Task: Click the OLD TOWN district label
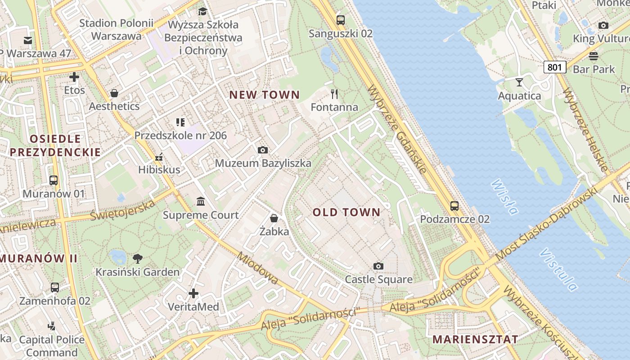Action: point(346,212)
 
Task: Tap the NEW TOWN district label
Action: point(265,95)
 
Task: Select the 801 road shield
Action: point(554,67)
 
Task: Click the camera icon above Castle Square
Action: point(378,266)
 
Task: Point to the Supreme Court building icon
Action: point(201,201)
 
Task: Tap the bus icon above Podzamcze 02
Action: point(454,206)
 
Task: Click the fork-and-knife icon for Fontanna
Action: point(334,94)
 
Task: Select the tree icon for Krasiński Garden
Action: point(137,258)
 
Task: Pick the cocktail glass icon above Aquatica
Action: point(519,82)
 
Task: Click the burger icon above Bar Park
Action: point(594,56)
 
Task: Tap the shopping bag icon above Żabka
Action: point(274,218)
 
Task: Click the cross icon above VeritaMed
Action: point(193,293)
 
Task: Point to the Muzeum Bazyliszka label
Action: point(263,163)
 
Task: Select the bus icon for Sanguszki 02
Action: point(341,20)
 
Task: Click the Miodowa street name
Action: point(257,268)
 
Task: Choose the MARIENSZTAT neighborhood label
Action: point(475,339)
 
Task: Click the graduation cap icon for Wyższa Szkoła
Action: point(203,11)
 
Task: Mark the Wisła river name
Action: point(504,197)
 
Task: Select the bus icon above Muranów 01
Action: point(54,180)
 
